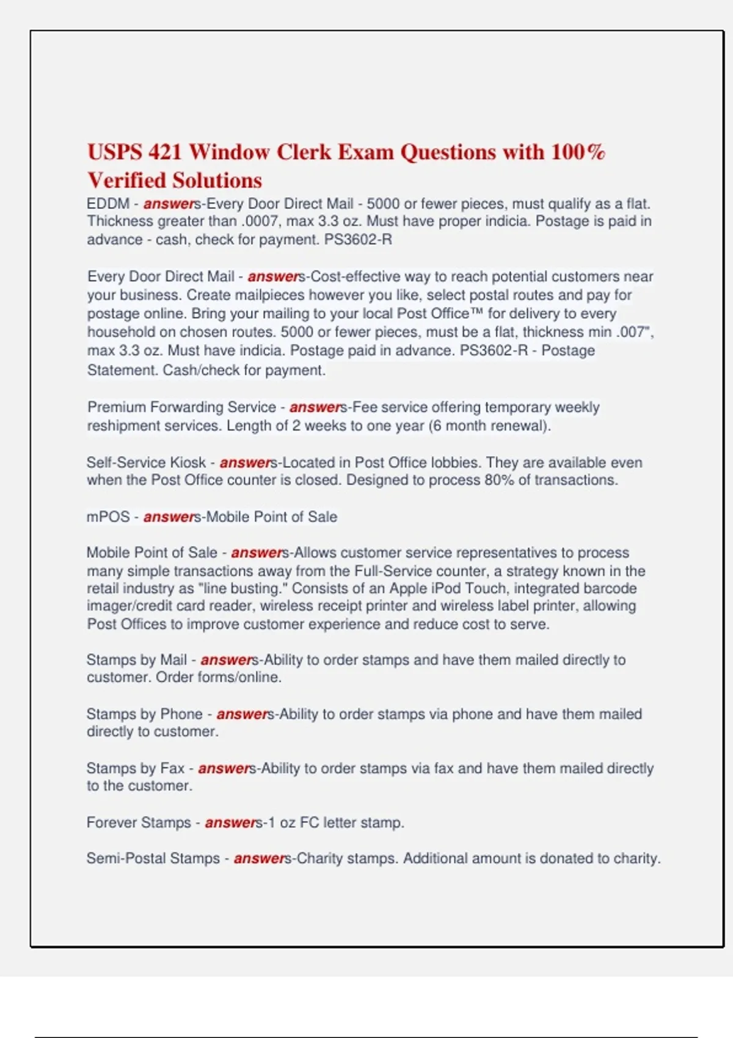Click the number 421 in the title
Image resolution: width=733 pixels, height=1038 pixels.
(x=165, y=151)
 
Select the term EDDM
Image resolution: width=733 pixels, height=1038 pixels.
(x=108, y=204)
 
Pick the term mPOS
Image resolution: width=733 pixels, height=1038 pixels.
(x=108, y=517)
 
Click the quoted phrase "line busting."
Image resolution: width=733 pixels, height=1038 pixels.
(x=241, y=589)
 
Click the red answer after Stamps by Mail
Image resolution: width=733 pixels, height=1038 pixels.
(x=226, y=660)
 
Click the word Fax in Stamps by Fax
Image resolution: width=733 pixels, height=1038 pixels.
(x=172, y=768)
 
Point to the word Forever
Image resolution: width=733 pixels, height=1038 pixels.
(x=113, y=822)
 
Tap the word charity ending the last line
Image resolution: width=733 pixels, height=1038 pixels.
(x=636, y=858)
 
